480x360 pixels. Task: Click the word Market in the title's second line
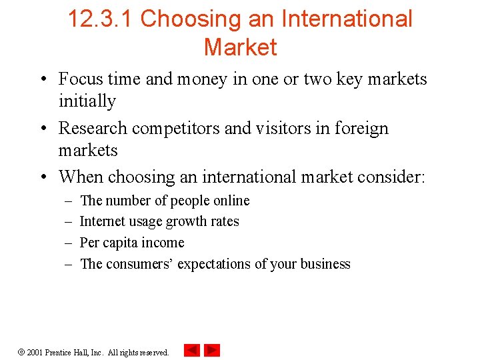pos(240,47)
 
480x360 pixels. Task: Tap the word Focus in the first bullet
pos(81,79)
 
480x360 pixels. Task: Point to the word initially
pos(87,101)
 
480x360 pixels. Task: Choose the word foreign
pos(361,128)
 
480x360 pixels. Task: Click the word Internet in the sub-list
pos(101,221)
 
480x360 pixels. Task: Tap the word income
pos(163,243)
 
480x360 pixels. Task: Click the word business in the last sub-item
pos(325,264)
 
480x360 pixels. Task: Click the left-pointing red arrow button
pos(192,350)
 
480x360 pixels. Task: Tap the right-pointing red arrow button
pos(212,350)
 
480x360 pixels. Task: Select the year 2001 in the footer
pos(35,352)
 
